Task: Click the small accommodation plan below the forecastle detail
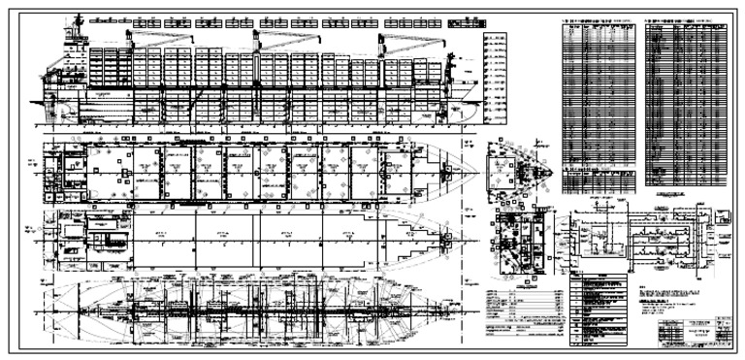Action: click(x=519, y=243)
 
